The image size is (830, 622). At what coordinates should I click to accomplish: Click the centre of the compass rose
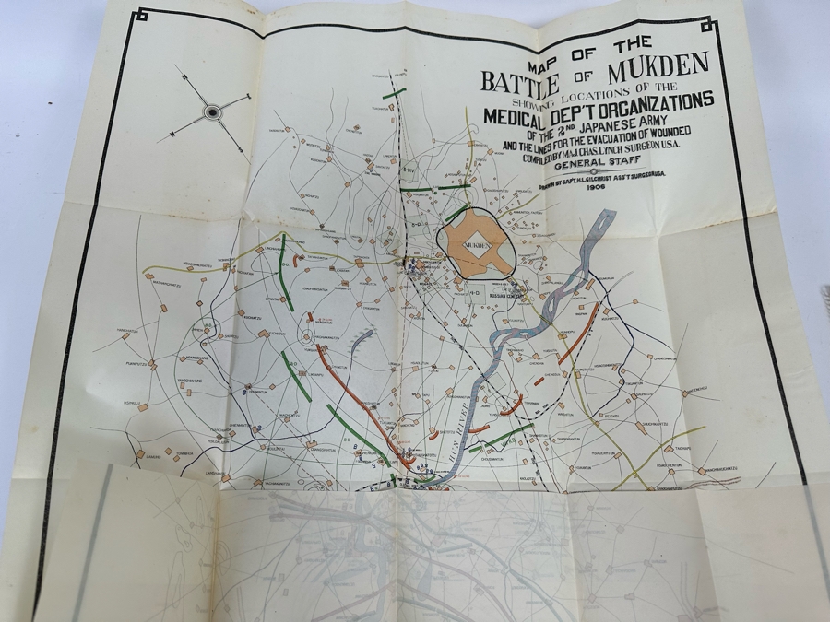(x=213, y=112)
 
